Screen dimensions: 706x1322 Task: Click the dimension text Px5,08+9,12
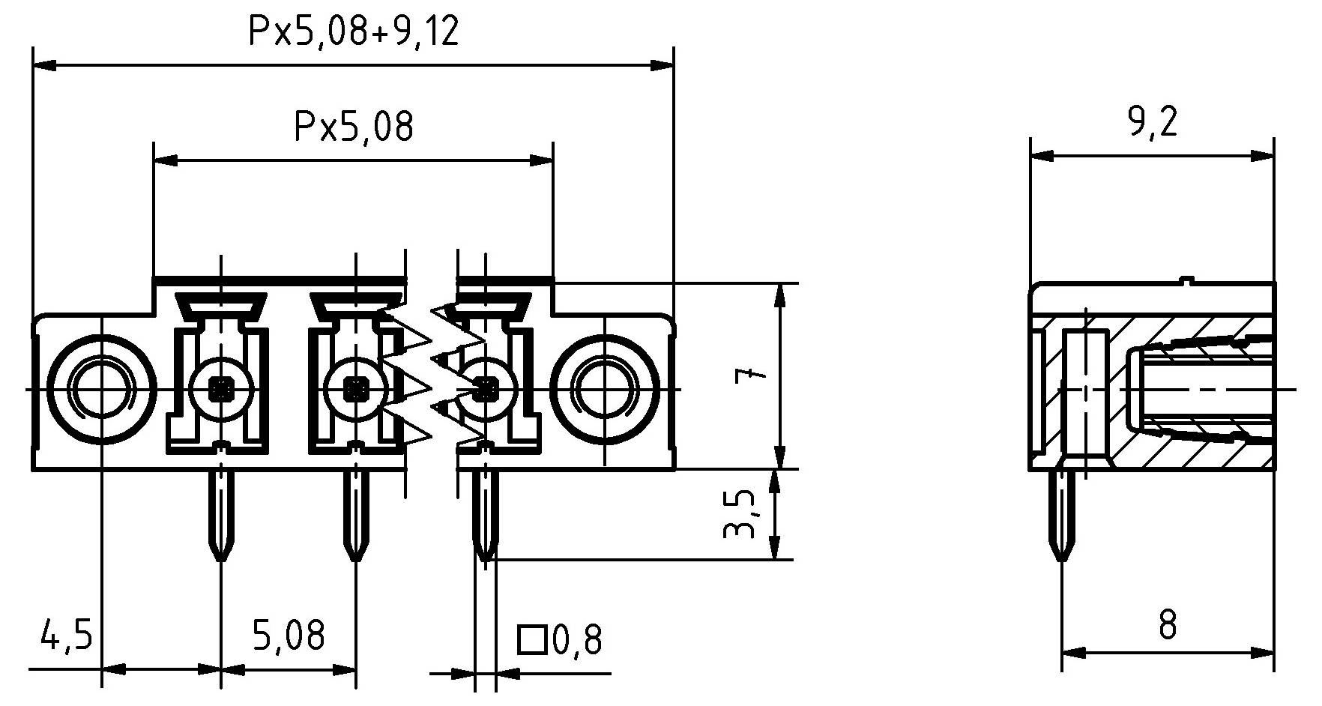click(x=353, y=33)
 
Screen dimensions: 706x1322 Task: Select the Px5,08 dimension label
click(x=353, y=127)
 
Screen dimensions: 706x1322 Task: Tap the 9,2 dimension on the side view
click(x=1153, y=122)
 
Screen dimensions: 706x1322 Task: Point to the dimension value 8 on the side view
click(x=1167, y=625)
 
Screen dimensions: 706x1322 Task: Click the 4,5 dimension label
click(x=66, y=636)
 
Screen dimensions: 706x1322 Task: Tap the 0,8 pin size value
click(x=577, y=641)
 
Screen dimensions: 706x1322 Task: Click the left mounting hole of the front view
click(x=101, y=388)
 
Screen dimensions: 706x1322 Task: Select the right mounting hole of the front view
click(x=604, y=388)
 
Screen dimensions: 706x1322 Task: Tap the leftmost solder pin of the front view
click(x=220, y=517)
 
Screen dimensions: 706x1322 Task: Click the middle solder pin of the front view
click(x=355, y=517)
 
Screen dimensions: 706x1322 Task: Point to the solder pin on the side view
click(x=1063, y=517)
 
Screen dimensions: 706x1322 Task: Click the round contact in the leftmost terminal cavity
click(x=220, y=388)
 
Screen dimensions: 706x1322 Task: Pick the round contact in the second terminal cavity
click(x=355, y=388)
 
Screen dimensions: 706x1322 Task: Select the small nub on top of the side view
click(x=1185, y=280)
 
